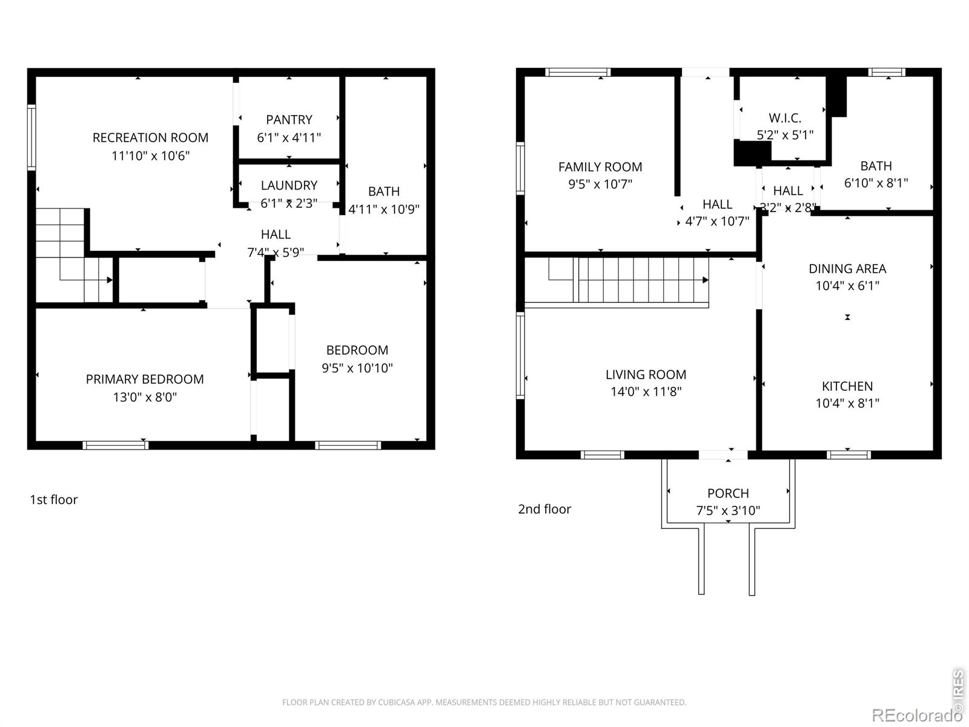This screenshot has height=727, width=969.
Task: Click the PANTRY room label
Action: tap(289, 119)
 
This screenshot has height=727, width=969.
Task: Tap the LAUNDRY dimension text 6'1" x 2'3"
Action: tap(289, 204)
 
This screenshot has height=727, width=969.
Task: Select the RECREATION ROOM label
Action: tap(150, 138)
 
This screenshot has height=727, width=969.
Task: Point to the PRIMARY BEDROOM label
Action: tap(145, 379)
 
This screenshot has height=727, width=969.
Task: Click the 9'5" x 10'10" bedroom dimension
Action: tap(357, 368)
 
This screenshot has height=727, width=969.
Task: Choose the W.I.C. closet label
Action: tap(784, 118)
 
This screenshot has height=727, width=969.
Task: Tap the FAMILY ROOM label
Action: tap(600, 167)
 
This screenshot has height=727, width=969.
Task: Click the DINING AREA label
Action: tap(847, 269)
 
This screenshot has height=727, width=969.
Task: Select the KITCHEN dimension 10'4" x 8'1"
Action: tap(847, 403)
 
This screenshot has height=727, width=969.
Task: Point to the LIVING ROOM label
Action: tap(646, 375)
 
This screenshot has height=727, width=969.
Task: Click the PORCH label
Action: tap(728, 493)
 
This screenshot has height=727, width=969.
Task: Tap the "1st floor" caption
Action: tap(53, 500)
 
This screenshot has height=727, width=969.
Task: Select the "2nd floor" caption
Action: tap(544, 510)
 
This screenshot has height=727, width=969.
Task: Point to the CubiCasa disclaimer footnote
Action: tap(484, 702)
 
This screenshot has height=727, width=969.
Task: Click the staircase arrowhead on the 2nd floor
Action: tap(706, 280)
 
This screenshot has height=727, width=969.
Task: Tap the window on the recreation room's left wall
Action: tap(31, 138)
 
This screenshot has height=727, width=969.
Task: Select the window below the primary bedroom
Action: tap(115, 445)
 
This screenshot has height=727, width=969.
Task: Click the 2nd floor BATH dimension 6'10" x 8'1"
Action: tap(876, 183)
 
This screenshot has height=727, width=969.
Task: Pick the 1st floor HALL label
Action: tap(276, 234)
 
